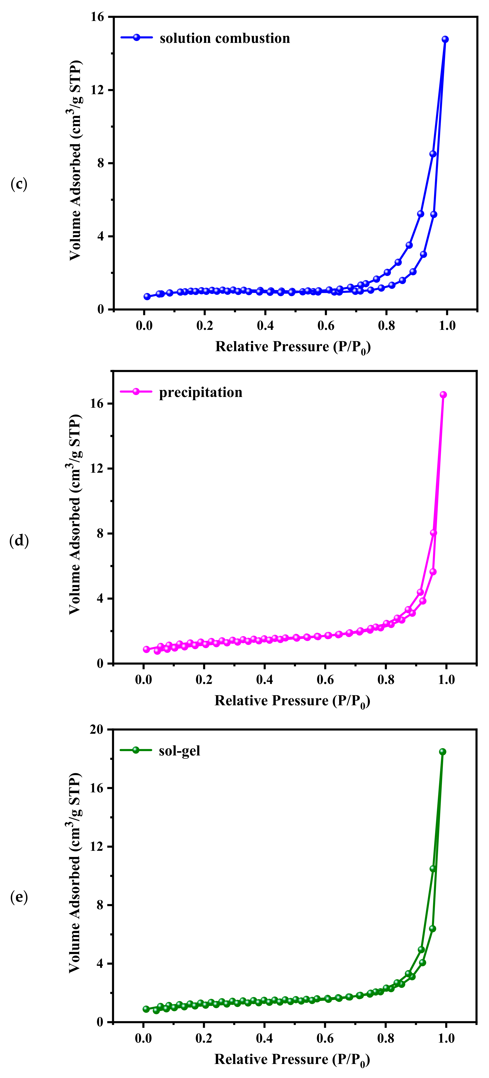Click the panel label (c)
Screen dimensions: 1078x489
pos(19,184)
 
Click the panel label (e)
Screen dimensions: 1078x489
pos(19,897)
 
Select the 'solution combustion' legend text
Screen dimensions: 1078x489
pos(225,38)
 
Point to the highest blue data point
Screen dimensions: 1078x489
pos(445,39)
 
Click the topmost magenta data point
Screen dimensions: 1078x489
pos(443,395)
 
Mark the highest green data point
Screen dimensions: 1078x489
pos(442,752)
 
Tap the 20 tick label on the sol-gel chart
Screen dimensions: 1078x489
pos(96,729)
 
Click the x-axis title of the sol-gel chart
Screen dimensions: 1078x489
pos(292,1060)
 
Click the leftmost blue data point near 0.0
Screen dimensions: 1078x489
pos(147,296)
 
